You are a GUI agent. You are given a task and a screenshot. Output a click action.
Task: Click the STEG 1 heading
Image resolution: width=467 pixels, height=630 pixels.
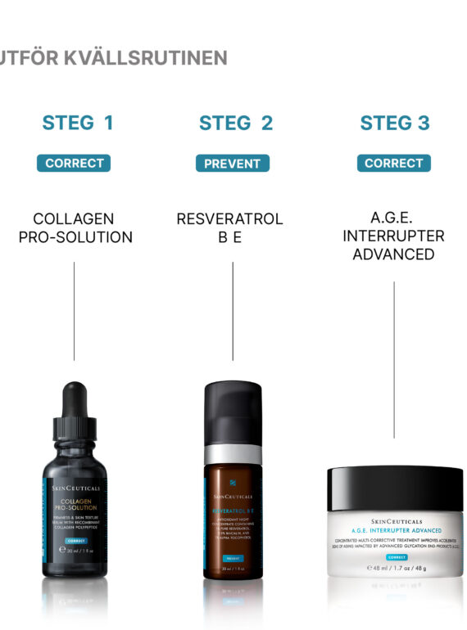click(x=78, y=124)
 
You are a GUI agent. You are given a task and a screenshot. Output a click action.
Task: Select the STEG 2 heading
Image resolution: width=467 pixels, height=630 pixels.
click(x=236, y=124)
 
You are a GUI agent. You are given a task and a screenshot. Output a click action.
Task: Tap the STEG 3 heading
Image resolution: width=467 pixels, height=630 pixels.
click(x=394, y=124)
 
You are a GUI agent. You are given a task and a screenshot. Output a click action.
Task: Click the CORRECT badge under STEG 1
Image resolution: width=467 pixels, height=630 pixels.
click(x=74, y=163)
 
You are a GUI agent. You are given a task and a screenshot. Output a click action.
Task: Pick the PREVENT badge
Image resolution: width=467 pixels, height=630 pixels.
click(x=233, y=163)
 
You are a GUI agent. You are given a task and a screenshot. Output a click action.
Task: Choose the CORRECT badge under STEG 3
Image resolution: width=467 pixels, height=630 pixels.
click(x=394, y=163)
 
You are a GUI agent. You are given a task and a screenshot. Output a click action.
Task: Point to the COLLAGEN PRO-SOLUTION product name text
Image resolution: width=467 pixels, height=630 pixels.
click(x=75, y=228)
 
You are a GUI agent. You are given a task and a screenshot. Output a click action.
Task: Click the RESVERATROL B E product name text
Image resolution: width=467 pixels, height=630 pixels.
click(x=229, y=228)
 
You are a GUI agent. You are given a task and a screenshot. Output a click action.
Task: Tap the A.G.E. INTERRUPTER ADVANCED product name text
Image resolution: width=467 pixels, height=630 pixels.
click(x=393, y=236)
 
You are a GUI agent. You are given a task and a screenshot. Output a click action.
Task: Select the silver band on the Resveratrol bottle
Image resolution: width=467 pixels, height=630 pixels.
click(x=232, y=453)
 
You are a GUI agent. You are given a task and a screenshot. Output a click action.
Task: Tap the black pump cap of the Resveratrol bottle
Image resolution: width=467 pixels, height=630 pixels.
click(x=232, y=413)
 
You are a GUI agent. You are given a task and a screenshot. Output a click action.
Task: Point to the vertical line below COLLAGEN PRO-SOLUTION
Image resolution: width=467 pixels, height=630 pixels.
click(x=75, y=311)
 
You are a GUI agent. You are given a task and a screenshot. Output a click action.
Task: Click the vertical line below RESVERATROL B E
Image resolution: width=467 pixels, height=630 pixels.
click(x=233, y=311)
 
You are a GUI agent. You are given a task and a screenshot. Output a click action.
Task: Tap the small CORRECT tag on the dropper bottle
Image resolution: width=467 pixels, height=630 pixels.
click(x=75, y=541)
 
